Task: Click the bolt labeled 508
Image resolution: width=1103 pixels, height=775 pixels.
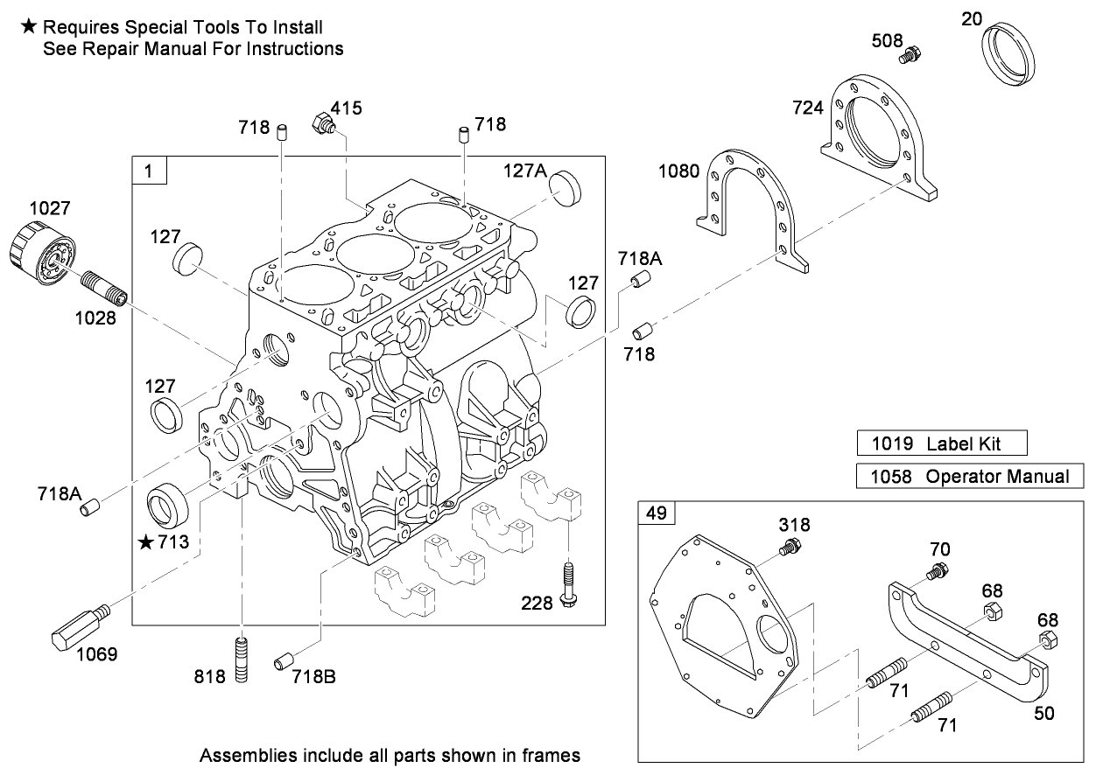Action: coord(910,55)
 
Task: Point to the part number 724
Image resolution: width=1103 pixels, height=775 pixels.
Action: coord(808,108)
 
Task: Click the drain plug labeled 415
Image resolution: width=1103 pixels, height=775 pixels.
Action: coord(324,124)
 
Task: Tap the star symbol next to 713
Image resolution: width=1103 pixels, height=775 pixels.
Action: coord(145,543)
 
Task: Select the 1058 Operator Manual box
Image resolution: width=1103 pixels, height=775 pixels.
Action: coord(969,477)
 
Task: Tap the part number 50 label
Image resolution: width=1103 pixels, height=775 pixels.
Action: coord(1043,713)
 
